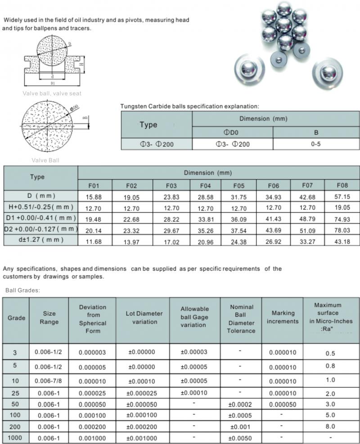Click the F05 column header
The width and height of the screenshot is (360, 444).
[238, 185]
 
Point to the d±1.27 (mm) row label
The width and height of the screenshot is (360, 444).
[40, 240]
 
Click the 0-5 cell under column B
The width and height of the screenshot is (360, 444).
[316, 144]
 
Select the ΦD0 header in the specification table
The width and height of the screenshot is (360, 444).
[232, 133]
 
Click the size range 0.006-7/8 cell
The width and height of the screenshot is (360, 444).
[49, 381]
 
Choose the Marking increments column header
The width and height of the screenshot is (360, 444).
[283, 317]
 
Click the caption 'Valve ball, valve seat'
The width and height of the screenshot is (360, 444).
[52, 94]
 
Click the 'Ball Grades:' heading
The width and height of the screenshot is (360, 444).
[22, 290]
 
